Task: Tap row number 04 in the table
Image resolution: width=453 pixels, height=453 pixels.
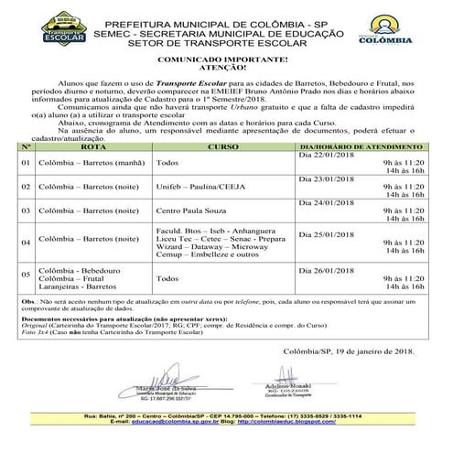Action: point(26,242)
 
